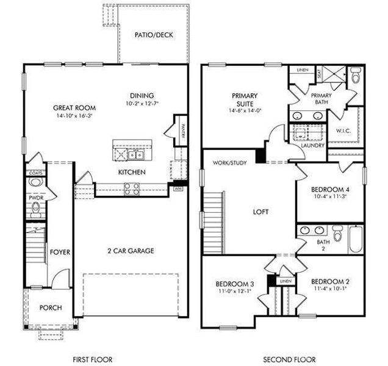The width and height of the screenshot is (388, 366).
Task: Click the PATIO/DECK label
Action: pyautogui.click(x=154, y=35)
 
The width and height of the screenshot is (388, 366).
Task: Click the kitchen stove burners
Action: pyautogui.click(x=132, y=188)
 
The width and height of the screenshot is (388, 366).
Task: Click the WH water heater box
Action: pyautogui.click(x=179, y=188)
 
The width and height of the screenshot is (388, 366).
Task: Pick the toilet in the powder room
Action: pyautogui.click(x=35, y=209)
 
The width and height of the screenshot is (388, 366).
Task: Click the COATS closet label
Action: pyautogui.click(x=35, y=173)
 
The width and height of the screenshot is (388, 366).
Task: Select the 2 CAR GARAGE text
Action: pyautogui.click(x=131, y=251)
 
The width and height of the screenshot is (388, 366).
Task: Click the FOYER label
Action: pyautogui.click(x=59, y=251)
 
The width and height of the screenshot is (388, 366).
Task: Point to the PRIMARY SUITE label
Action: pyautogui.click(x=245, y=99)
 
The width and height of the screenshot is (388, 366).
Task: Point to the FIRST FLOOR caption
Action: pyautogui.click(x=92, y=359)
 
